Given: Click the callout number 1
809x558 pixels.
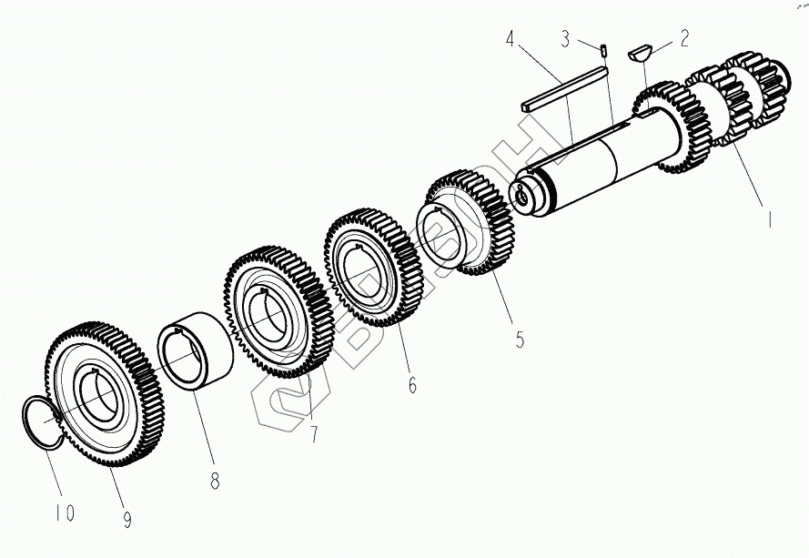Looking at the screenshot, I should tap(769, 219).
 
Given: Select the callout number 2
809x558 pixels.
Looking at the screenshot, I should tap(683, 38).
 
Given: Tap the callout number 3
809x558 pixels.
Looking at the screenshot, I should tap(566, 39).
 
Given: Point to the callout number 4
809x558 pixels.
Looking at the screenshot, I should tap(511, 39).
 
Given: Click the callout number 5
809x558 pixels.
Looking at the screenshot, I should tap(520, 340).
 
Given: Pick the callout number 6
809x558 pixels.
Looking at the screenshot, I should tap(412, 386).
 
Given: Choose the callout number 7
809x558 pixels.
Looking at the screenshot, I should tap(314, 434).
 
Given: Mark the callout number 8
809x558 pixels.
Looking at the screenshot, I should tap(215, 482).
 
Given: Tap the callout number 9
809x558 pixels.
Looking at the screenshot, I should tap(126, 520).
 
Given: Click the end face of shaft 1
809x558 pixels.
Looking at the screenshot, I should tap(524, 192).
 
